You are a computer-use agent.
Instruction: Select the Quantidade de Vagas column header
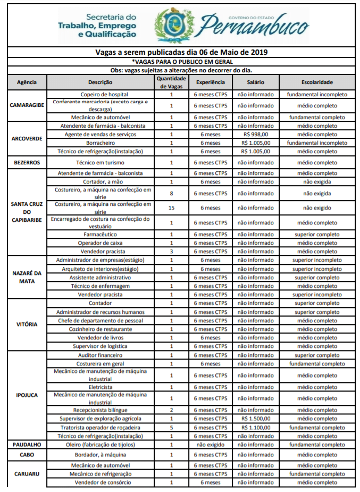[171, 82]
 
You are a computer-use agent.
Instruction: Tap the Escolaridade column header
[317, 82]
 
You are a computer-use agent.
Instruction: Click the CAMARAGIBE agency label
[27, 105]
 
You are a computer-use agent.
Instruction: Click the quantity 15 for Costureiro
[171, 207]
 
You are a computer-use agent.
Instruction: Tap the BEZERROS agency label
[27, 162]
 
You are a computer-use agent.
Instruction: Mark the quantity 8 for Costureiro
[171, 193]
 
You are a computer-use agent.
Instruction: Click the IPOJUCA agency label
[27, 395]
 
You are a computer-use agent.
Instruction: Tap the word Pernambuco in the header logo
[254, 26]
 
